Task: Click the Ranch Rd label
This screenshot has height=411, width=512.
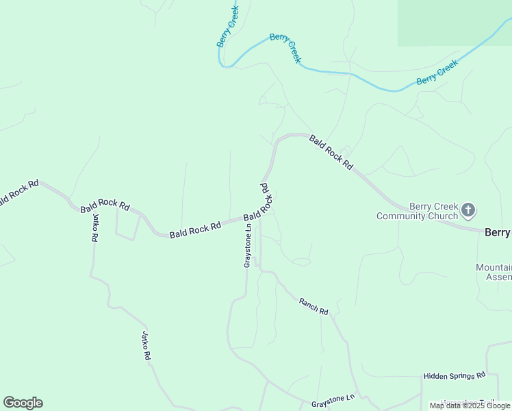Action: (313, 306)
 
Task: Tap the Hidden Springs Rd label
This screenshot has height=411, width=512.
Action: (454, 375)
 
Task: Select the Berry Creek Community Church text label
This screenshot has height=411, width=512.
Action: (418, 211)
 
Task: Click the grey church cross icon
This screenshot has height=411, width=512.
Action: (468, 210)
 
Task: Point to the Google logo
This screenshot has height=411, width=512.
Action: (23, 403)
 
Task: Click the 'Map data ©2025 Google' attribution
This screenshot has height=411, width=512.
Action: (470, 406)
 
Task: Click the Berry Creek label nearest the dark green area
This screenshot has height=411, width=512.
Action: (437, 72)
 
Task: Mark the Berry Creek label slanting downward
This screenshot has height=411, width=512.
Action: (285, 47)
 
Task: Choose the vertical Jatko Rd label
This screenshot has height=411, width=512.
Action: (94, 228)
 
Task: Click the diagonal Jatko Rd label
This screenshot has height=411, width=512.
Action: (146, 346)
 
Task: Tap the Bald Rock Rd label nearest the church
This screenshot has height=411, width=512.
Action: (331, 152)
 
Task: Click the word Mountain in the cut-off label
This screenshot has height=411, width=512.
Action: (494, 267)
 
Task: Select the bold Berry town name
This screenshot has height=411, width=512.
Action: (498, 232)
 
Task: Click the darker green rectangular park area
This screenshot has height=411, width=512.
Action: (455, 22)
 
